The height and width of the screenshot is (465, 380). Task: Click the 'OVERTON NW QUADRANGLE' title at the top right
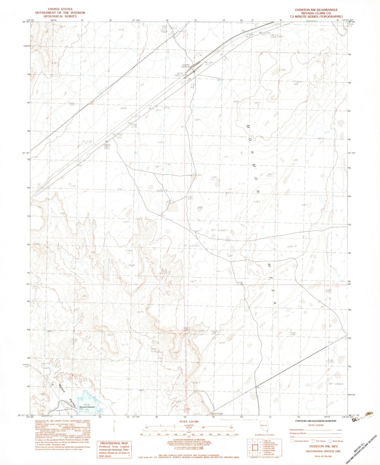[x=316, y=10]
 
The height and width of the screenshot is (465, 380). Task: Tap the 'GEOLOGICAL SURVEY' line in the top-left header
[x=60, y=16]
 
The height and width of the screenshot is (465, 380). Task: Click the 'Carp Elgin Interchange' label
[x=185, y=66]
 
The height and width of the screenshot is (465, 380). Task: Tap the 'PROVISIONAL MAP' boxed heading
[x=114, y=443]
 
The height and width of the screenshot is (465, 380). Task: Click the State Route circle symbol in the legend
[x=330, y=441]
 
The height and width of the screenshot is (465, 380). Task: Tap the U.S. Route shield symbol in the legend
[x=313, y=441]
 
